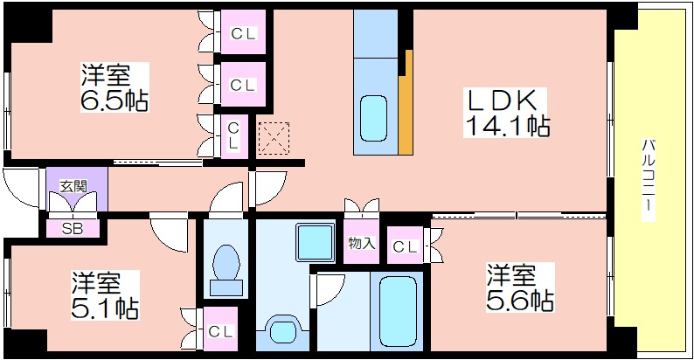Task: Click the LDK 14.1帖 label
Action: click(x=507, y=113)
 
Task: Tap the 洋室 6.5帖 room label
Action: click(x=115, y=87)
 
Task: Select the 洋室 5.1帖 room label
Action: click(x=106, y=295)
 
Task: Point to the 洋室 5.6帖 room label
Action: click(x=519, y=287)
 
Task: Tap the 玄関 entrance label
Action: click(x=73, y=186)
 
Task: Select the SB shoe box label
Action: click(x=73, y=229)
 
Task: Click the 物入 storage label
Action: click(x=362, y=243)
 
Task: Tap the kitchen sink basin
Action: click(x=373, y=119)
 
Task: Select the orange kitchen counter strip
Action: click(x=406, y=102)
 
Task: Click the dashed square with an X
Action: click(x=273, y=138)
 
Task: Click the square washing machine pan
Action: click(x=316, y=242)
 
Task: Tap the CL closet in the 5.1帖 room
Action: click(x=220, y=329)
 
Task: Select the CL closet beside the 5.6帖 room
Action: click(x=406, y=246)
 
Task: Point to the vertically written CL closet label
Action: click(x=233, y=135)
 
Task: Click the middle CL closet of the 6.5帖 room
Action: click(x=243, y=84)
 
